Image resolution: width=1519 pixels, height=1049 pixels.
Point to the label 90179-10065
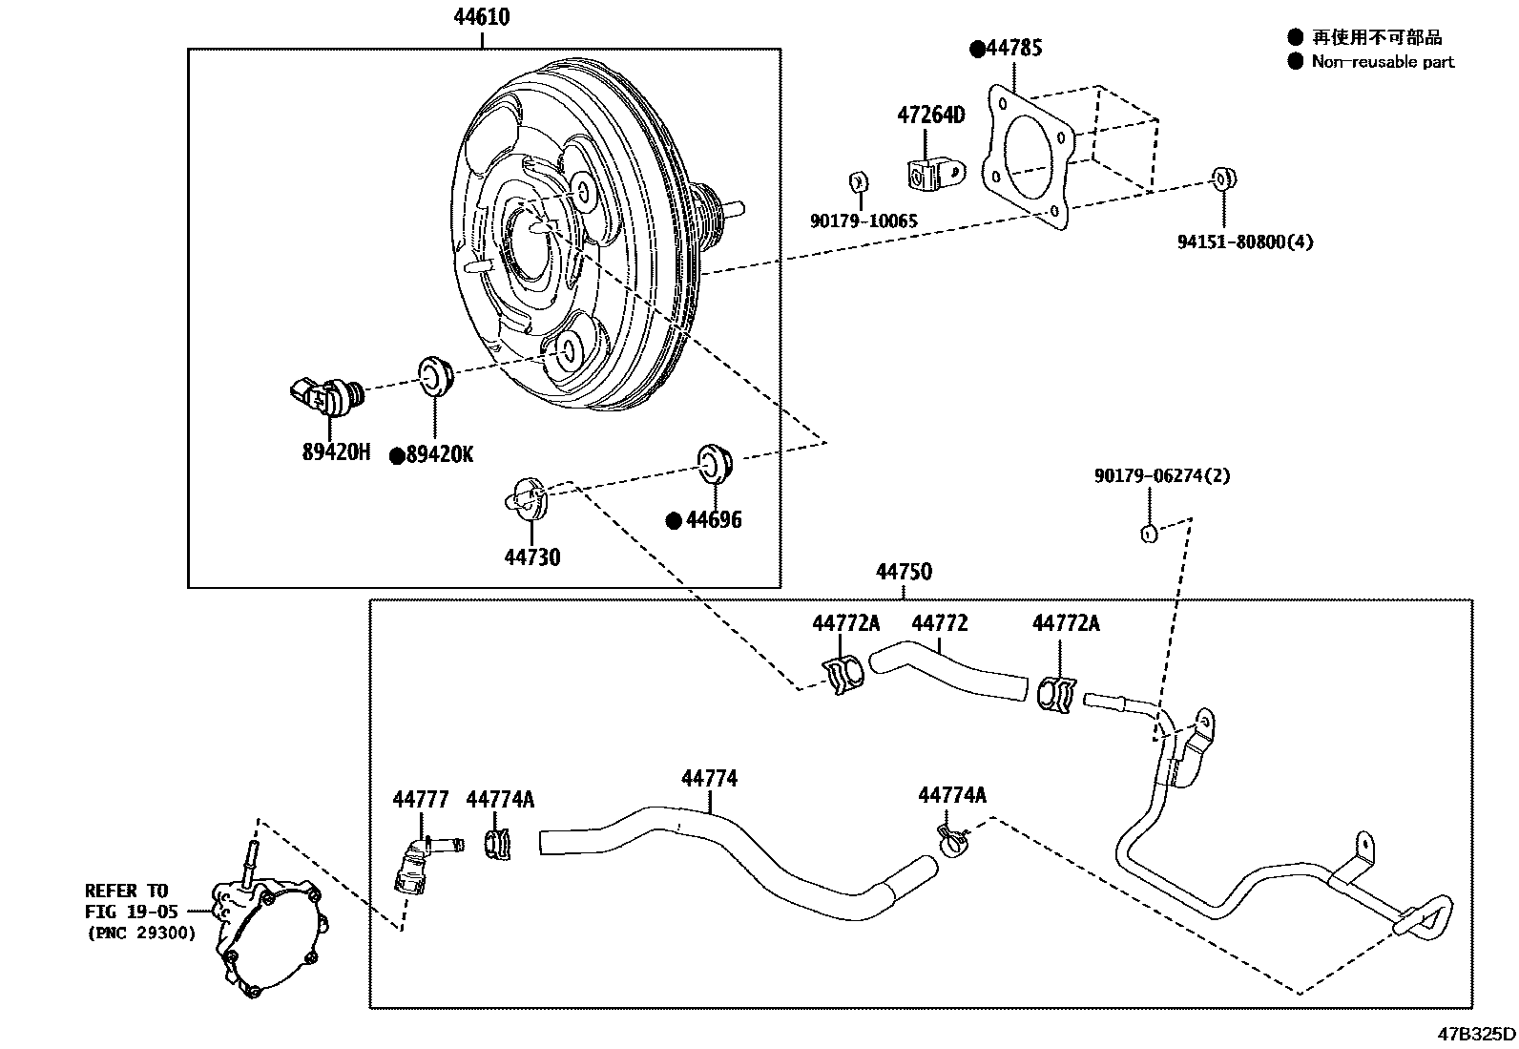coord(864,221)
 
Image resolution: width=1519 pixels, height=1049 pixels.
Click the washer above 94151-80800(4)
coord(1223,178)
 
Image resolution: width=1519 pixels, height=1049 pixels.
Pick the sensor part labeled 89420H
coord(327,395)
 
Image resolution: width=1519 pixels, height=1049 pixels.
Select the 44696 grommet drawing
coord(716,461)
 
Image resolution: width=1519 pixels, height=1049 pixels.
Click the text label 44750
coord(904,572)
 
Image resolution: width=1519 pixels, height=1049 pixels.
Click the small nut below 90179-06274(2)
coord(1150,534)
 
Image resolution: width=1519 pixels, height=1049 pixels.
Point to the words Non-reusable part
coord(1383,62)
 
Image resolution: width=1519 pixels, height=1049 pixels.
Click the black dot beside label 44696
coord(674,520)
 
